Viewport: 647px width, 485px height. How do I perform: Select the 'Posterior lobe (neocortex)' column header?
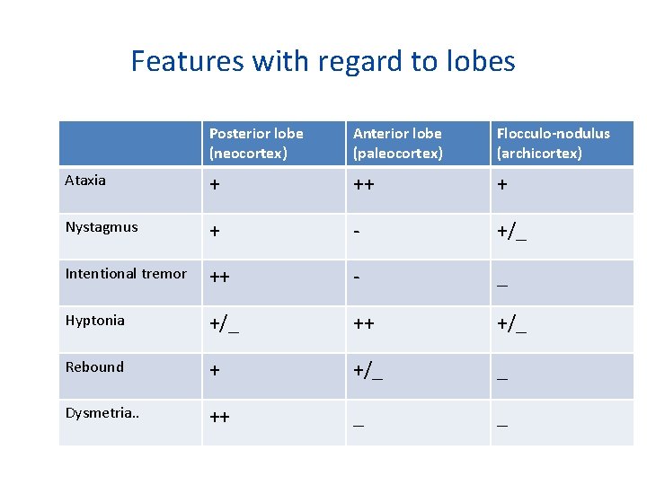(256, 143)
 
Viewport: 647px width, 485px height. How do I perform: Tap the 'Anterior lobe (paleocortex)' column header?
(398, 143)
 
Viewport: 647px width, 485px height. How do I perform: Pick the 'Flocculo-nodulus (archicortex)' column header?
(553, 143)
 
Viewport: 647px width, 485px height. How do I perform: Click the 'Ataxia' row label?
(85, 181)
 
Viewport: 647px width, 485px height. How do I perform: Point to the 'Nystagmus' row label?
(102, 227)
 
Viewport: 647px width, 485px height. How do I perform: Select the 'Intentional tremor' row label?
(126, 274)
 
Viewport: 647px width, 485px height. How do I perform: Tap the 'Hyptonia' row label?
(94, 321)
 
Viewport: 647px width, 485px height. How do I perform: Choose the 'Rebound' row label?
(94, 367)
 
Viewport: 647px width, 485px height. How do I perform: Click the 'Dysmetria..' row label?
(99, 414)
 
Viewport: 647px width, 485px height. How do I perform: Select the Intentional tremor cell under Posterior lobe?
(219, 278)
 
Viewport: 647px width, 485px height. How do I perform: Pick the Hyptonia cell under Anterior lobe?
(364, 324)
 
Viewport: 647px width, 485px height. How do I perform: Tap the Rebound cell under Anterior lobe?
(368, 371)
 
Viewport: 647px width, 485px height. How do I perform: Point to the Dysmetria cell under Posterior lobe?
(219, 418)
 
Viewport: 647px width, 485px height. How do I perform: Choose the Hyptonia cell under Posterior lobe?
(225, 324)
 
